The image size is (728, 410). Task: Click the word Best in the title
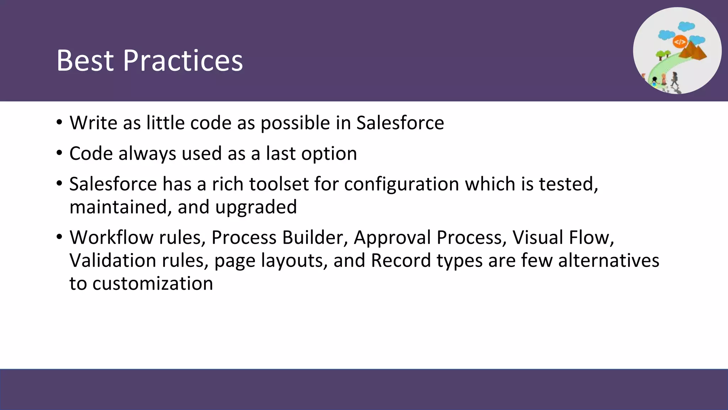tap(86, 61)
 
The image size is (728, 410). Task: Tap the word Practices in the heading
tap(183, 61)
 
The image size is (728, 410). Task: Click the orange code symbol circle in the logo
tap(680, 42)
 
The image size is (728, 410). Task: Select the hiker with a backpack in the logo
tap(674, 79)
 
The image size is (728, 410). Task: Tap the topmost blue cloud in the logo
tap(686, 26)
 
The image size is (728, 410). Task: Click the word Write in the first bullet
tap(93, 123)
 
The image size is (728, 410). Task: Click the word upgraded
tap(256, 207)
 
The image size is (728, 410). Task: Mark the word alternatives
tap(609, 261)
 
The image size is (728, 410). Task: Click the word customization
tap(152, 284)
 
